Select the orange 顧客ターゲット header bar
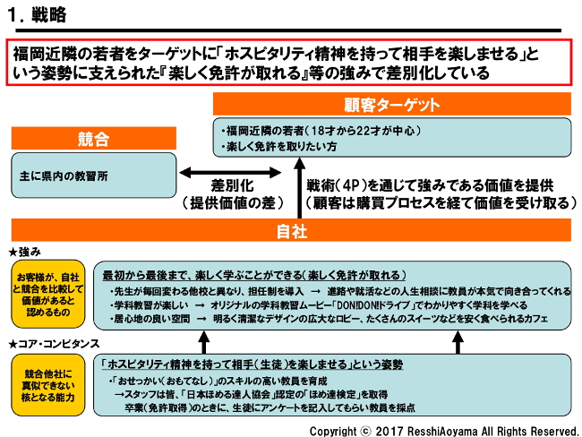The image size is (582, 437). click(x=391, y=105)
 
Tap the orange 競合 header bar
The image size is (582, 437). click(x=93, y=139)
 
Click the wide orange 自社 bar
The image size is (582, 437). click(x=292, y=231)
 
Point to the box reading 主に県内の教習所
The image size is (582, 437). click(x=64, y=176)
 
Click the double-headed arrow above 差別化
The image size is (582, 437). click(x=228, y=171)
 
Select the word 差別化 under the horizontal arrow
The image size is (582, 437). click(x=229, y=185)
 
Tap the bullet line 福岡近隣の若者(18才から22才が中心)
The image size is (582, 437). click(x=322, y=130)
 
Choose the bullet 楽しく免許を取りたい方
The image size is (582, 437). click(x=280, y=145)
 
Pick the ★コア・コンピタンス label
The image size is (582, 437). click(x=53, y=343)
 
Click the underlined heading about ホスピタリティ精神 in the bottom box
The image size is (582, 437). click(x=252, y=364)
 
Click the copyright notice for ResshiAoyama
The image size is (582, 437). click(x=443, y=430)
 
